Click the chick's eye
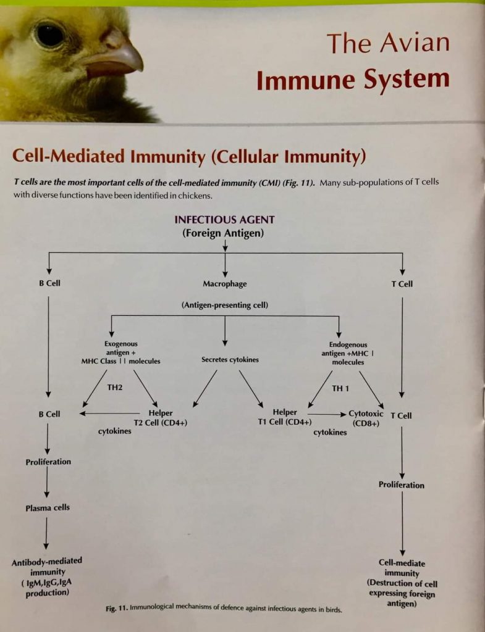pyautogui.click(x=50, y=33)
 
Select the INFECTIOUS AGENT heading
pyautogui.click(x=224, y=220)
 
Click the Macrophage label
pyautogui.click(x=224, y=284)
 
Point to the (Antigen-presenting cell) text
pyautogui.click(x=224, y=305)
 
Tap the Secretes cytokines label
pyautogui.click(x=230, y=360)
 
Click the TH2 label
pyautogui.click(x=116, y=388)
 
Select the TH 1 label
pyautogui.click(x=340, y=388)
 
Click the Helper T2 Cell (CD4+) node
pyautogui.click(x=160, y=418)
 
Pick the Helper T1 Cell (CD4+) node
pyautogui.click(x=284, y=417)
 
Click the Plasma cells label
pyautogui.click(x=48, y=508)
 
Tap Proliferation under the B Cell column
pyautogui.click(x=48, y=462)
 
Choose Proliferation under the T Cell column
pyautogui.click(x=402, y=485)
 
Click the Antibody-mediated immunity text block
pyautogui.click(x=46, y=576)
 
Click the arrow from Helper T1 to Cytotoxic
pyautogui.click(x=327, y=414)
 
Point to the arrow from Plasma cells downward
pyautogui.click(x=47, y=532)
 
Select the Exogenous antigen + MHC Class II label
pyautogui.click(x=121, y=352)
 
